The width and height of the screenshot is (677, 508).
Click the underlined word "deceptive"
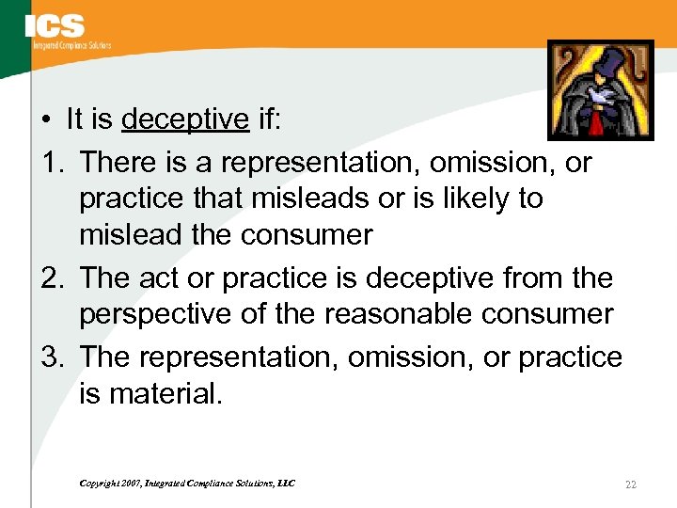pos(185,119)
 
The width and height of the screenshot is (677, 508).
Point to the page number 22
pos(631,484)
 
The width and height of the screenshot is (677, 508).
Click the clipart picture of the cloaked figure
pos(600,89)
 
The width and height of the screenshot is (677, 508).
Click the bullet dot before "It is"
pos(46,120)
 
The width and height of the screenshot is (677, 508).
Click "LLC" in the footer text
pos(285,484)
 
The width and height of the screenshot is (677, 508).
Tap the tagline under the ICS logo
pos(71,45)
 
